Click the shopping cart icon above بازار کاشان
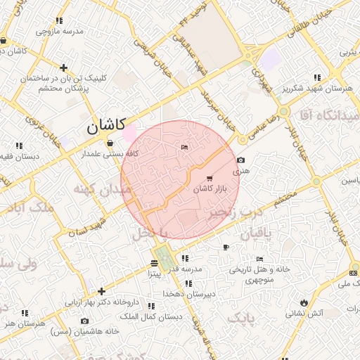(210, 178)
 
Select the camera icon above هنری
(241, 160)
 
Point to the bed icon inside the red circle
(184, 147)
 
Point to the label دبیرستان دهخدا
(188, 293)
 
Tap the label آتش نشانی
(304, 313)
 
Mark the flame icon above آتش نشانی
(304, 302)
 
